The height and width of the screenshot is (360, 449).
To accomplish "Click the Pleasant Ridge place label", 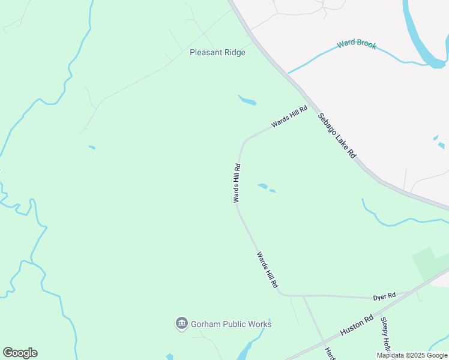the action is click(217, 52).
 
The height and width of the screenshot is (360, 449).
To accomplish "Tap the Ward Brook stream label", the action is click(356, 43).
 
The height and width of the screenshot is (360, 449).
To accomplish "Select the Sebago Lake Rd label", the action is click(337, 135).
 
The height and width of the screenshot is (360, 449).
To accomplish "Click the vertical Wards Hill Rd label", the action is click(237, 182).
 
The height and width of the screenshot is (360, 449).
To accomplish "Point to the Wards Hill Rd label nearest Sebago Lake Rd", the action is click(289, 116).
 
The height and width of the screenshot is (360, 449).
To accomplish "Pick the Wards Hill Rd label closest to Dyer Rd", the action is click(268, 269).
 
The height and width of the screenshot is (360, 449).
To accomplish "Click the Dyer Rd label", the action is click(384, 296).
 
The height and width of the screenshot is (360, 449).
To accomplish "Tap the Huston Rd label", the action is click(357, 325).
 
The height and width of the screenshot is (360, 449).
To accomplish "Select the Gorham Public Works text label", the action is click(231, 324).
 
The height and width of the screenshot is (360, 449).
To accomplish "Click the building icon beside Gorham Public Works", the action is click(181, 324).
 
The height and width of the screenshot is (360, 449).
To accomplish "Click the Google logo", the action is click(20, 353).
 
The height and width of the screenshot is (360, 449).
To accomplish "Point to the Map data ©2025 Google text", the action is click(412, 355).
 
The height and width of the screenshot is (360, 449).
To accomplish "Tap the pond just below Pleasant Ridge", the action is click(247, 100).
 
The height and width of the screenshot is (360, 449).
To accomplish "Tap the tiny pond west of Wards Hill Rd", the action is click(91, 147).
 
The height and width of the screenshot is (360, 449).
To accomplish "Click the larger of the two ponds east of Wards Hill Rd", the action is click(262, 186).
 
